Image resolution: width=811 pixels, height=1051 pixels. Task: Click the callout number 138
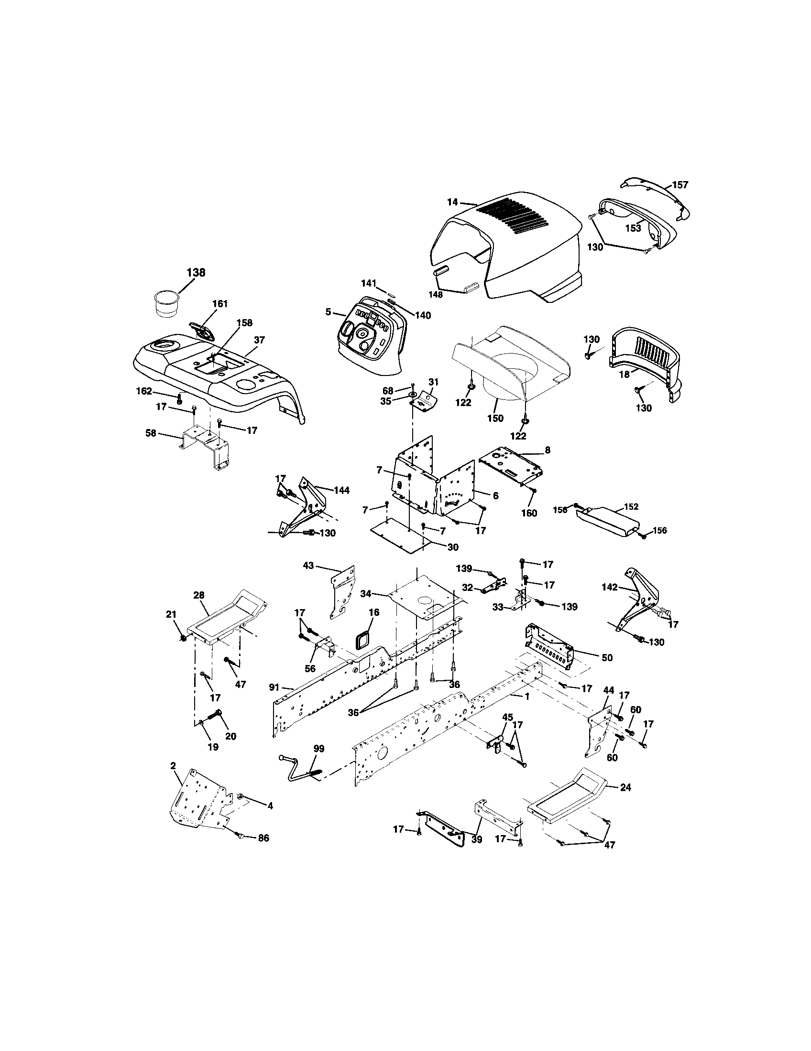(x=196, y=272)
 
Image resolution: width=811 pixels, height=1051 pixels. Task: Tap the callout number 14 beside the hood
(x=452, y=203)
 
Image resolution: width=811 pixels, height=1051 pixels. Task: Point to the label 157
(x=680, y=185)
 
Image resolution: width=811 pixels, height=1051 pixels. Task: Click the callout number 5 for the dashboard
(x=328, y=312)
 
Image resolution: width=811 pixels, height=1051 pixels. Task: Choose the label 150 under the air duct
(x=495, y=418)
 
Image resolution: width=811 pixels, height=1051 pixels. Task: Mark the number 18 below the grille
(x=624, y=375)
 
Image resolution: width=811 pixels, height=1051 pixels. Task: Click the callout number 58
(x=151, y=433)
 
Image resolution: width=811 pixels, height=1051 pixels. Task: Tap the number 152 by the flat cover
(x=631, y=506)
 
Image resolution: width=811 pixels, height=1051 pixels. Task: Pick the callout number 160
(x=529, y=513)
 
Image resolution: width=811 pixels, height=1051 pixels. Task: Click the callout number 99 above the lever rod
(x=318, y=749)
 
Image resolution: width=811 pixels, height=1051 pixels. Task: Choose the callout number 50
(x=607, y=657)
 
